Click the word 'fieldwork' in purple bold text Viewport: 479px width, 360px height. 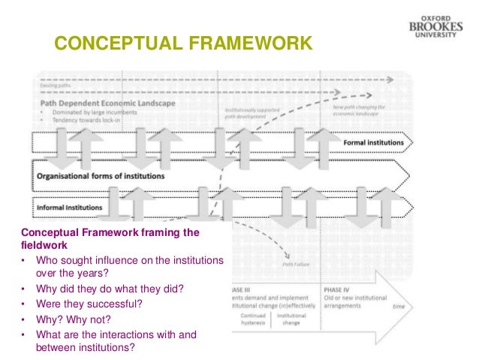44,246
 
